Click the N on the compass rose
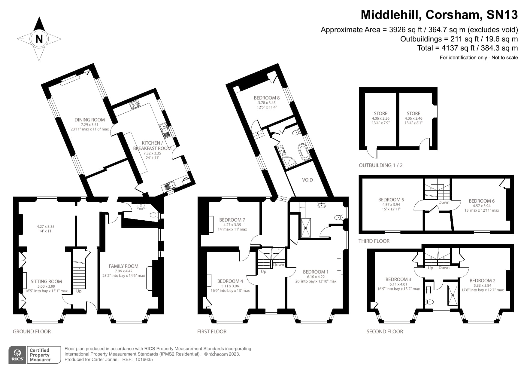[39, 39]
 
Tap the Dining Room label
[89, 120]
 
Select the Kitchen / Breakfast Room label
[152, 145]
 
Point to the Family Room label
[123, 266]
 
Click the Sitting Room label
[46, 282]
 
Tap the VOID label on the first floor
[307, 180]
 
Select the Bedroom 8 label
[267, 98]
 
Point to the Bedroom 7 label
[232, 220]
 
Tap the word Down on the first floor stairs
[279, 265]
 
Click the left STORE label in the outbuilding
[380, 113]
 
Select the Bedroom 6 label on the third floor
[482, 201]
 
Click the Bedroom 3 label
[398, 279]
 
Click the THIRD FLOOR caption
[374, 241]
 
